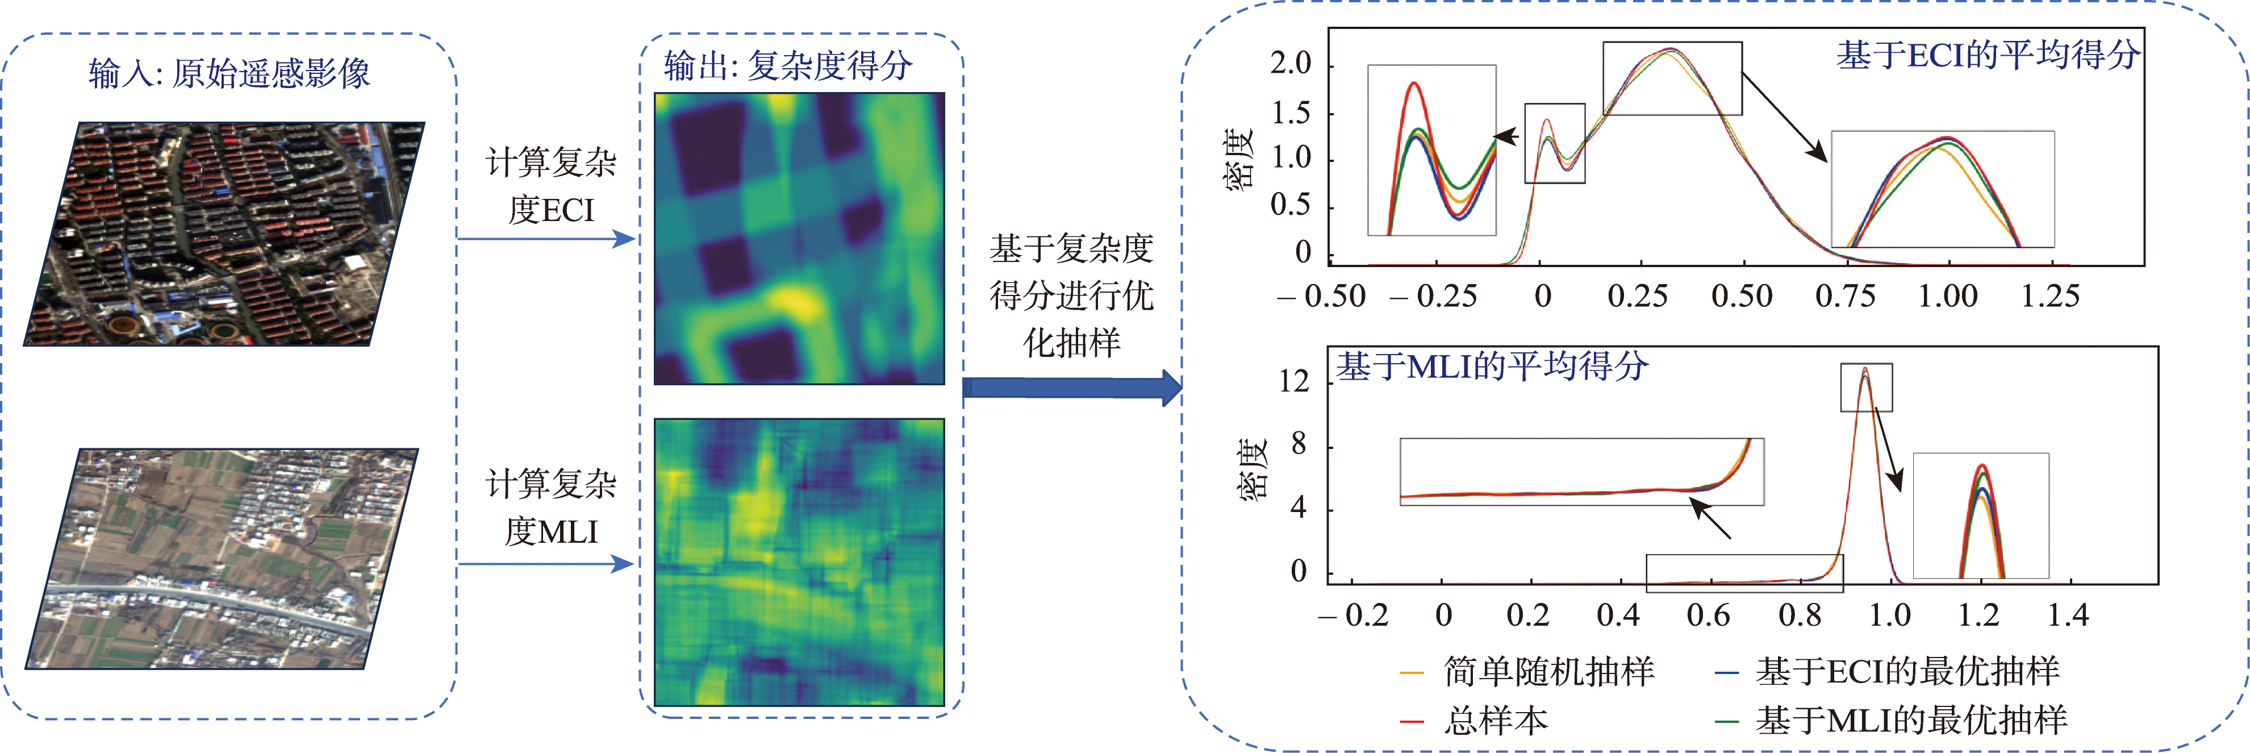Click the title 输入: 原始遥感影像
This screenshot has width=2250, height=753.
pos(229,73)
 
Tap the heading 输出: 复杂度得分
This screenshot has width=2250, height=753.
pos(788,65)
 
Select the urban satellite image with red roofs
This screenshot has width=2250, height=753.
pos(224,234)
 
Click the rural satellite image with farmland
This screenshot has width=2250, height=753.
pos(222,559)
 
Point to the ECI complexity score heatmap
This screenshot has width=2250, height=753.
pos(799,239)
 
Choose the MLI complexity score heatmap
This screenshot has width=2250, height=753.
pos(799,561)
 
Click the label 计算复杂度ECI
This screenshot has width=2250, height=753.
pos(551,186)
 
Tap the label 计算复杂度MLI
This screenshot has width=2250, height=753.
pos(551,507)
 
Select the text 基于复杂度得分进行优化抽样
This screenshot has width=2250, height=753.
pos(1072,296)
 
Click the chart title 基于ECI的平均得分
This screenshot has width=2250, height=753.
pos(1987,55)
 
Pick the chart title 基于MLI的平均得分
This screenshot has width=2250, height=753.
pos(1492,366)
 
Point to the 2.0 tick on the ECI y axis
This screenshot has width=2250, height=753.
pos(1291,64)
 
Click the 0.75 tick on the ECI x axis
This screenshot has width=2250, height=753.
pos(1845,296)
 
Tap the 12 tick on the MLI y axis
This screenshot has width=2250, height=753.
pos(1295,382)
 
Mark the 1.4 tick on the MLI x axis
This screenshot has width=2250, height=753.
pos(2068,615)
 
